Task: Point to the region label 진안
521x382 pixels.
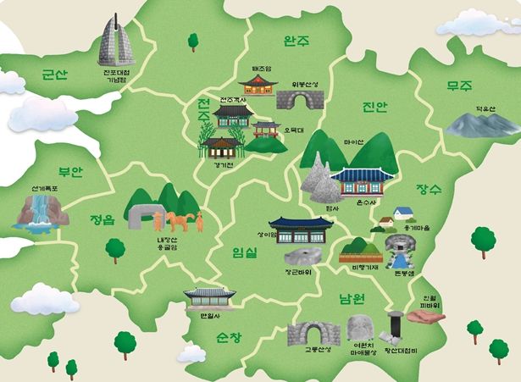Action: (373, 108)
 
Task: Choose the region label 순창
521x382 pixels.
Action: (230, 337)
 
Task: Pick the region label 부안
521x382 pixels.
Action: (70, 171)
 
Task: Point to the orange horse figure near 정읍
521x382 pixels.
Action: (178, 223)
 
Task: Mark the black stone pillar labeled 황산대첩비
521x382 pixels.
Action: (393, 324)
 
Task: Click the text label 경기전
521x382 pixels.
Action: (223, 165)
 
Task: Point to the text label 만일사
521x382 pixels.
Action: (208, 315)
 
